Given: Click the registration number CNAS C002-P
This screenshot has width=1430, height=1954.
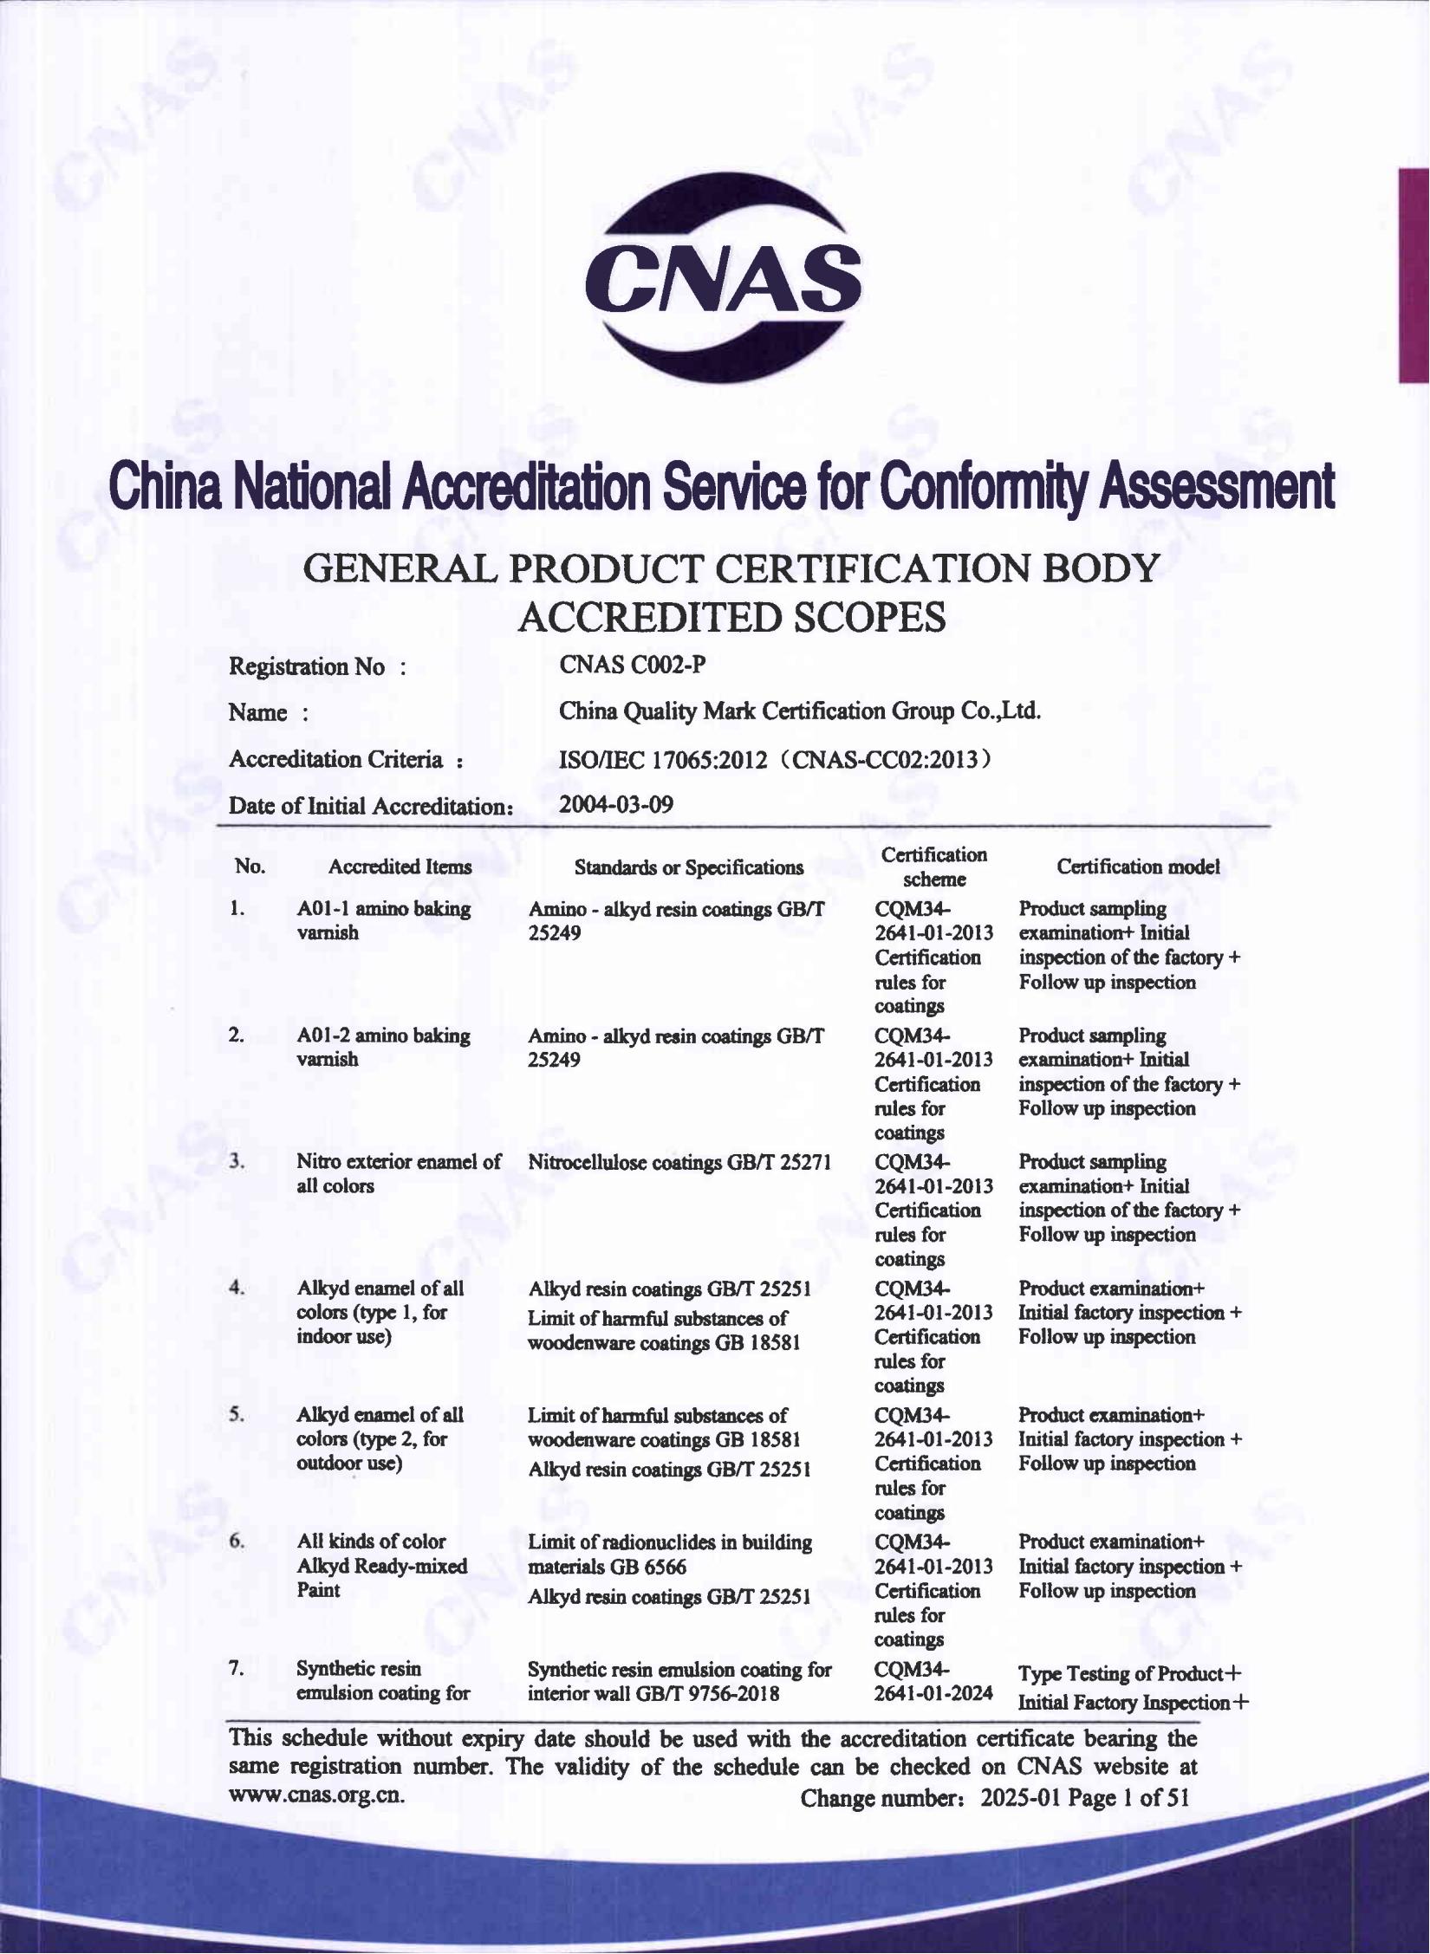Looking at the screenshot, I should pyautogui.click(x=632, y=665).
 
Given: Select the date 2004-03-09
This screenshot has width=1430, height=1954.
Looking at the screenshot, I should pyautogui.click(x=615, y=804).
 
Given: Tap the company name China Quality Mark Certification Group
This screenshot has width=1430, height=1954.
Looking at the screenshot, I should pyautogui.click(x=799, y=711).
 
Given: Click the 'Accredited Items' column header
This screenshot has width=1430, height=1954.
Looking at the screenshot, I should pyautogui.click(x=400, y=867).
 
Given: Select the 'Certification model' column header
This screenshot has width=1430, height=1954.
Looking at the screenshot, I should pyautogui.click(x=1138, y=867).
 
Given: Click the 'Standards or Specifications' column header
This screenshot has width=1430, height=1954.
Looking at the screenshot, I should pyautogui.click(x=689, y=867).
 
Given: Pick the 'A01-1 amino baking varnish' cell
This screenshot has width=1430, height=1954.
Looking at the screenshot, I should pyautogui.click(x=383, y=920).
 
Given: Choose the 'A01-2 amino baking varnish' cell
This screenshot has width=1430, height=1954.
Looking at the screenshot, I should pyautogui.click(x=383, y=1047).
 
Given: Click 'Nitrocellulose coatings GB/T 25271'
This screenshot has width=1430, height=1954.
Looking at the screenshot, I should pyautogui.click(x=679, y=1162).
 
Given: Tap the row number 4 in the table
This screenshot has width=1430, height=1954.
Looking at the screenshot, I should pyautogui.click(x=237, y=1288).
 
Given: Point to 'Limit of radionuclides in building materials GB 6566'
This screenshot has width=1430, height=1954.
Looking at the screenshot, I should pyautogui.click(x=670, y=1554).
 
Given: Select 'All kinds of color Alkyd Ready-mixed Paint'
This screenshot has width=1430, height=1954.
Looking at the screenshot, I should pyautogui.click(x=381, y=1565).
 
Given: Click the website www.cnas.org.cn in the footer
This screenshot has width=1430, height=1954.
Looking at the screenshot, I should pyautogui.click(x=315, y=1794).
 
